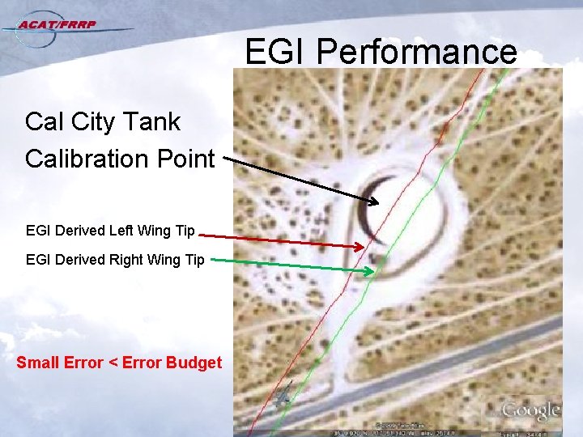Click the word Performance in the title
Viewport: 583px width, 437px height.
point(416,52)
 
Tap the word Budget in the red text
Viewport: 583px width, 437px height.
point(193,362)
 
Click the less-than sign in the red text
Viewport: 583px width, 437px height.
point(112,363)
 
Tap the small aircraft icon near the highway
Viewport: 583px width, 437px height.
point(283,397)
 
